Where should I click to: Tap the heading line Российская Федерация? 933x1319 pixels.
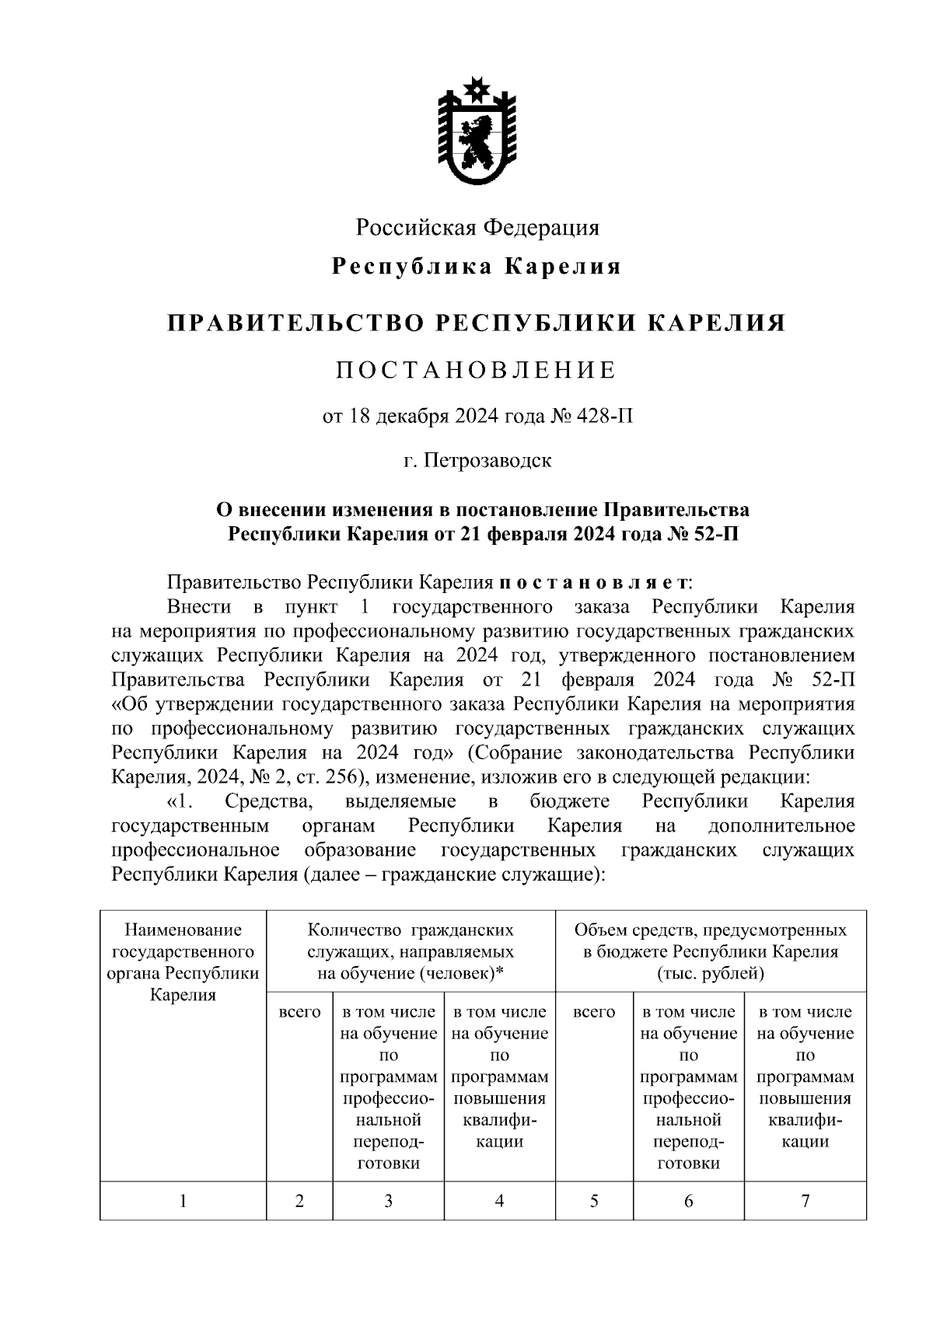477,228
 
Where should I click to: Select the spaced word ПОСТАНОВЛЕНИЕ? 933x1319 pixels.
476,370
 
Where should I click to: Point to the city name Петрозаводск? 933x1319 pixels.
487,460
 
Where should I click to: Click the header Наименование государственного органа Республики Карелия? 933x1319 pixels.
183,962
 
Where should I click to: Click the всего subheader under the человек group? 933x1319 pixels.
299,1012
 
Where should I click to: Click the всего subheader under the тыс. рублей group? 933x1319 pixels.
594,1012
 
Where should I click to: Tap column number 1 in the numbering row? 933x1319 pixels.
183,1201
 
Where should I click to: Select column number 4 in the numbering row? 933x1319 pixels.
499,1201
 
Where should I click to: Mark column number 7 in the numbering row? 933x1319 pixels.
805,1201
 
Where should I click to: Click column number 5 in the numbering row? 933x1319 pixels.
594,1201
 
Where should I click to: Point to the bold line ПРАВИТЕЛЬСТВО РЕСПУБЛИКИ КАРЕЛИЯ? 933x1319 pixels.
476,323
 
